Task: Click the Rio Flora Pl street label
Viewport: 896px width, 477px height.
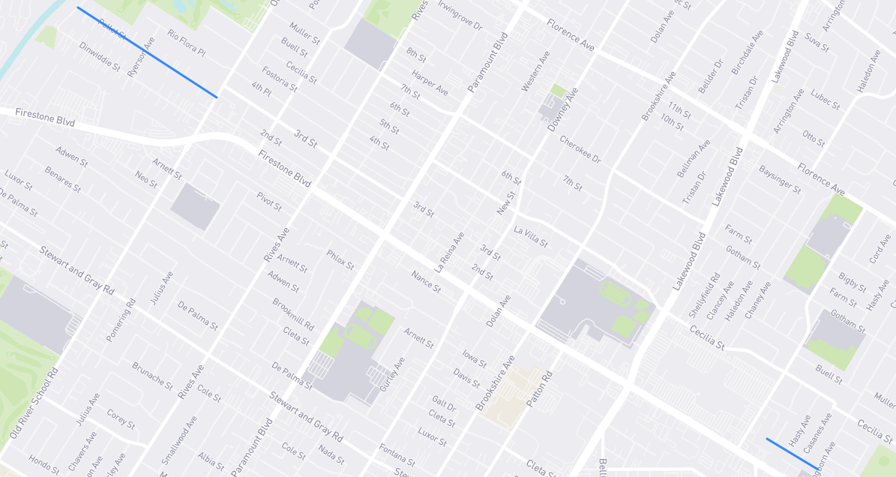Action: [x=186, y=44]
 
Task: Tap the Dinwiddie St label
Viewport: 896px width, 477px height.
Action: [x=100, y=56]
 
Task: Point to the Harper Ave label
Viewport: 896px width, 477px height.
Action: [x=430, y=82]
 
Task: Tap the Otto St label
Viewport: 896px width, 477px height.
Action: [x=814, y=138]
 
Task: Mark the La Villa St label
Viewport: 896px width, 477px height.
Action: [x=531, y=236]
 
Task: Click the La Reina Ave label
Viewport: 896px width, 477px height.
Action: [x=449, y=252]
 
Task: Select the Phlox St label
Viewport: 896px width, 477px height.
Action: [x=340, y=259]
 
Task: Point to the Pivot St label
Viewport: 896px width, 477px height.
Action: [x=269, y=201]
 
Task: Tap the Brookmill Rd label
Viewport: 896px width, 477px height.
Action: [x=292, y=315]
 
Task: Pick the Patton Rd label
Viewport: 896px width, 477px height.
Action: [x=539, y=389]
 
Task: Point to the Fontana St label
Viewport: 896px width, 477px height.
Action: [x=397, y=454]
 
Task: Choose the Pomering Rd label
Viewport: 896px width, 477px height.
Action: [x=121, y=320]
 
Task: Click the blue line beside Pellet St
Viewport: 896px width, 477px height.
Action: [x=147, y=52]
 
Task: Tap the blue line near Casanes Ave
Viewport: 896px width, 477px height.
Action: [x=792, y=454]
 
